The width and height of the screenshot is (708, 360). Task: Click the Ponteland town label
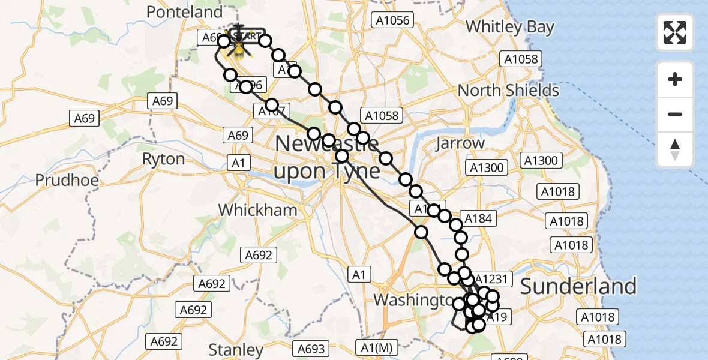point(176,12)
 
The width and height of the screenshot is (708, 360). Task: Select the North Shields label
point(508,91)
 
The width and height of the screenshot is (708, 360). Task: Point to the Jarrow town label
point(461,143)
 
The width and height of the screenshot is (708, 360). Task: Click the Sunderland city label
point(578,287)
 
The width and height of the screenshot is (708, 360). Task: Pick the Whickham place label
point(257,210)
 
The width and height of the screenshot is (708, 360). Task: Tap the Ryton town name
point(163,159)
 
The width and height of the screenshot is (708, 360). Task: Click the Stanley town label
point(236,350)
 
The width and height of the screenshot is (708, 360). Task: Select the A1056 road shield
point(391,20)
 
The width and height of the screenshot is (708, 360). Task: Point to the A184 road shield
point(478,219)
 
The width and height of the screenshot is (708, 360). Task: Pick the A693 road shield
point(311,349)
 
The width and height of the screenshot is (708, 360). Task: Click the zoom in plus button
point(675,79)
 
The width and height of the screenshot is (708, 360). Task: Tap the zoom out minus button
point(675,114)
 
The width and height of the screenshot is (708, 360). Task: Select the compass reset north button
point(675,149)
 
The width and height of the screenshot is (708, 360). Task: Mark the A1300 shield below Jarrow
point(487,168)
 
